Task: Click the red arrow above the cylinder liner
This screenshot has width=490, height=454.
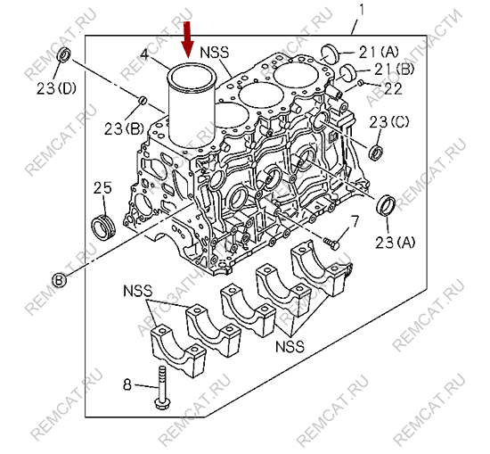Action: (x=188, y=40)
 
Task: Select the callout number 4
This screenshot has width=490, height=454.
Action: (x=144, y=54)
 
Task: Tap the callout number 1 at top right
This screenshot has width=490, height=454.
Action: (x=362, y=10)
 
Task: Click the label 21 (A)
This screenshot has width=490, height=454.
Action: (x=379, y=53)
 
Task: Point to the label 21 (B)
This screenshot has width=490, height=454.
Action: (x=394, y=70)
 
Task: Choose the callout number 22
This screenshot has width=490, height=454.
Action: (x=393, y=88)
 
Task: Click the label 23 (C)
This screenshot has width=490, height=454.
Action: (x=389, y=122)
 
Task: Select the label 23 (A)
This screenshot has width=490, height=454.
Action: (x=396, y=243)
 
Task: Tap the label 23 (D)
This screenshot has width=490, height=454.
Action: (x=56, y=88)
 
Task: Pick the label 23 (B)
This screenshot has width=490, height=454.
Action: (x=124, y=128)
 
